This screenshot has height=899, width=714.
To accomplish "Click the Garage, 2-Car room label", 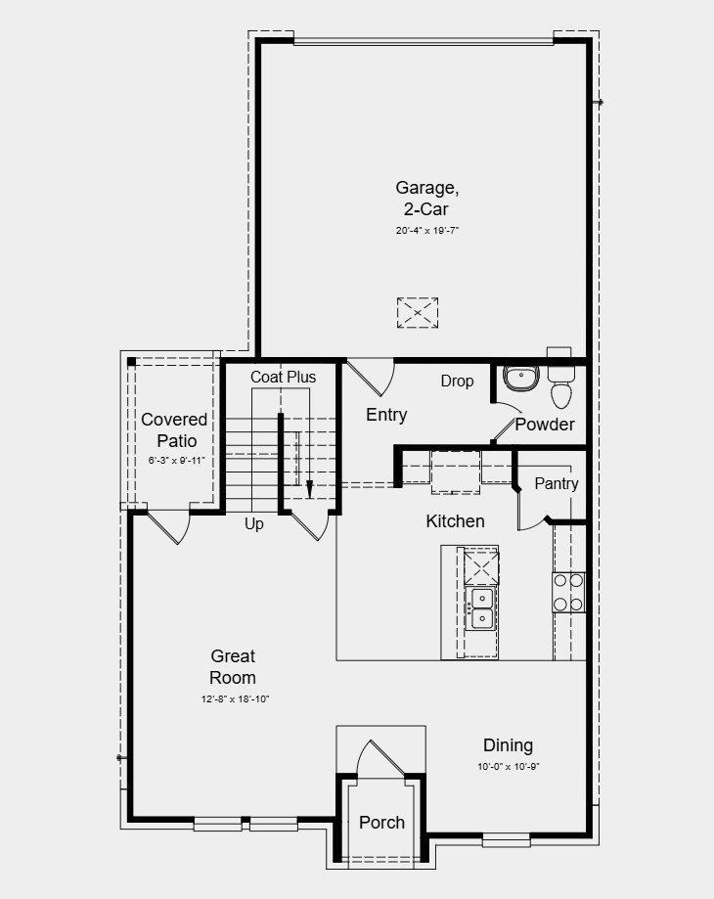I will [426, 198].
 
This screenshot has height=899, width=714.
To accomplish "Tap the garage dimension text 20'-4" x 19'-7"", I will [426, 231].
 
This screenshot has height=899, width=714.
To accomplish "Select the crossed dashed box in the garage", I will [418, 313].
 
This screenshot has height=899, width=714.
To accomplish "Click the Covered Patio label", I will [174, 429].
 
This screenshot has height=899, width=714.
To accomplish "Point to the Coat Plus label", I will [283, 377].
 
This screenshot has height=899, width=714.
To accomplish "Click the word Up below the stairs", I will [254, 524].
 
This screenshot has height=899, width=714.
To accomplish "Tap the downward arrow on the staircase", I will [309, 486].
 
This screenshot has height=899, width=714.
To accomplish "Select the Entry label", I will [386, 415].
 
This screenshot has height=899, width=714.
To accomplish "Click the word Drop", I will [457, 381].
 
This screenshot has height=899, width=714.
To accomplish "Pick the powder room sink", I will [520, 377].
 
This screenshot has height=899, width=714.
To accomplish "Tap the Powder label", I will [545, 425].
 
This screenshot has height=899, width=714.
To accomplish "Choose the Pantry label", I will [556, 483].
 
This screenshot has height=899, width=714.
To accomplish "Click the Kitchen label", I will [455, 521].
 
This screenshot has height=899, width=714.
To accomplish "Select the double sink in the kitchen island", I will [482, 607].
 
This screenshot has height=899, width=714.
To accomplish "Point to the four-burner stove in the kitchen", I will [568, 591].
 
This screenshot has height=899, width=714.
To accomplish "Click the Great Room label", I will [233, 667].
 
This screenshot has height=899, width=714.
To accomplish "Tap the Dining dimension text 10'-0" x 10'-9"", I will [509, 767].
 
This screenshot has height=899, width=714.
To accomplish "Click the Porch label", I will [381, 822].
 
